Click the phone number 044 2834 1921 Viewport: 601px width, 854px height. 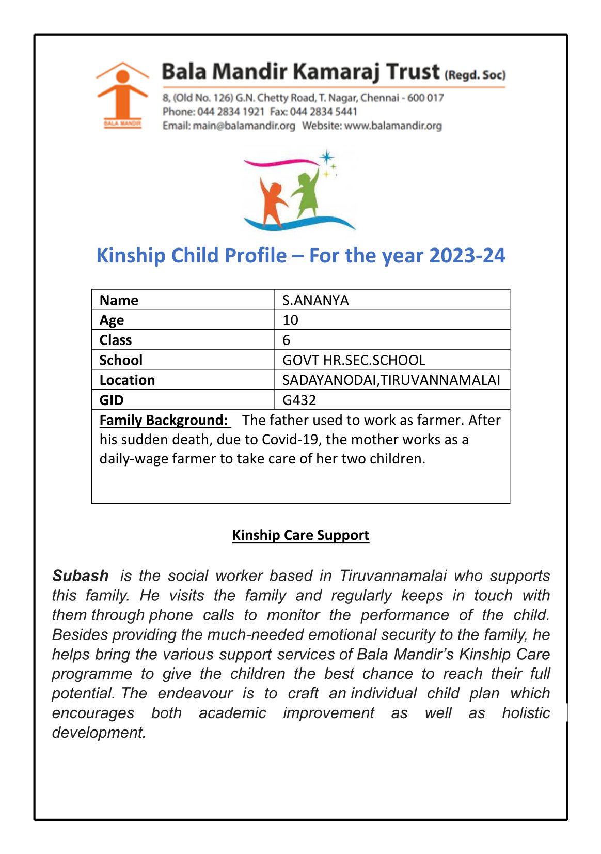(231, 112)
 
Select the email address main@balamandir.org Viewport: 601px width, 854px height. (244, 126)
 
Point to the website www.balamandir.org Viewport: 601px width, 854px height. (393, 126)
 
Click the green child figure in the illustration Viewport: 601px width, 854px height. (307, 194)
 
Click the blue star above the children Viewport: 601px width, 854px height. (326, 158)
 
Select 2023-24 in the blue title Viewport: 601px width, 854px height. (467, 255)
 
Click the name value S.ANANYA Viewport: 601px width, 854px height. (315, 300)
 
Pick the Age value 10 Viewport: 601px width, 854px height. (290, 320)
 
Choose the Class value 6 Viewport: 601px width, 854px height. (287, 340)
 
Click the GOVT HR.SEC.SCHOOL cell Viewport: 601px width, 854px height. (354, 360)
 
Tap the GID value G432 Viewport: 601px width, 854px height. (299, 400)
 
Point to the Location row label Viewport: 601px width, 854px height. (127, 380)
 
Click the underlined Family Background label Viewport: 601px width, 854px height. (164, 420)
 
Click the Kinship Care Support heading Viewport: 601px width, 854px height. (301, 535)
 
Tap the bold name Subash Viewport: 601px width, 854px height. (81, 576)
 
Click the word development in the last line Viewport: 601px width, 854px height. (99, 733)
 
